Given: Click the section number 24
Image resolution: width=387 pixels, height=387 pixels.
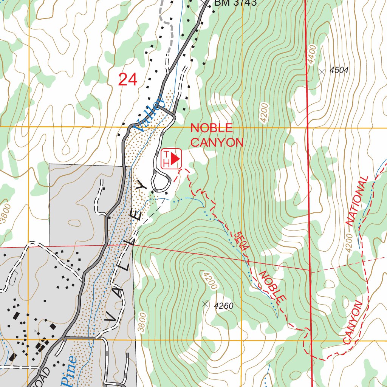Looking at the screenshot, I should click(127, 80).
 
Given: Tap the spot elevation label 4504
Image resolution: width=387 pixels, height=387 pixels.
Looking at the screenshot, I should click(339, 70).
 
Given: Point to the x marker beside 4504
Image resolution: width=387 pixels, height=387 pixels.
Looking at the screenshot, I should click(322, 71).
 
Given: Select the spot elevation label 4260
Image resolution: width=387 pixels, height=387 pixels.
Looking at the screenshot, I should click(224, 306).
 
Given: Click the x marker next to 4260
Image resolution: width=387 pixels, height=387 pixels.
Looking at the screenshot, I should click(205, 303).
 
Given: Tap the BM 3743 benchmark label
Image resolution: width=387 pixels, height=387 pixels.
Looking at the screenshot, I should click(235, 3).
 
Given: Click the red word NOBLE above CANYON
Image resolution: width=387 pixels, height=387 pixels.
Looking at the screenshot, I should click(211, 128).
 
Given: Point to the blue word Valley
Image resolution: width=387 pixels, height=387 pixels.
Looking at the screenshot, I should click(150, 113).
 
